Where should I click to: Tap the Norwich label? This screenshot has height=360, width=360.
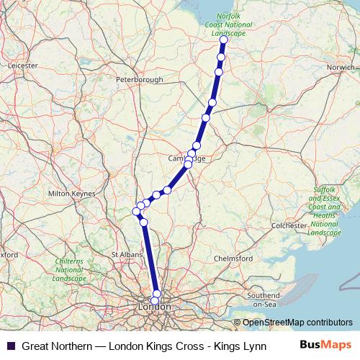tap(341, 67)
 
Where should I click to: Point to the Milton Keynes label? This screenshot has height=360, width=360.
tap(71, 194)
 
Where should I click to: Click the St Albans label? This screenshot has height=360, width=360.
tap(125, 255)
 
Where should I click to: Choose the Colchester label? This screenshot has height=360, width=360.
tap(289, 225)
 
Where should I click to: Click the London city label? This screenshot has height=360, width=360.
tap(153, 307)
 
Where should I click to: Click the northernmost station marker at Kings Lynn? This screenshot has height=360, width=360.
tap(223, 40)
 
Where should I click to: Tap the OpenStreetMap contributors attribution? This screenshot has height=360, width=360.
tap(298, 323)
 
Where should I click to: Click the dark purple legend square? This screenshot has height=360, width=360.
tap(10, 346)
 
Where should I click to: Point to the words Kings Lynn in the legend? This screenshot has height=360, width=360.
tap(242, 346)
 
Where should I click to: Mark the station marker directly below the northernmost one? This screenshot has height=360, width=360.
tap(221, 57)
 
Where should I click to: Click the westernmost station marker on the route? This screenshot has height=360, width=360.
tap(136, 211)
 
